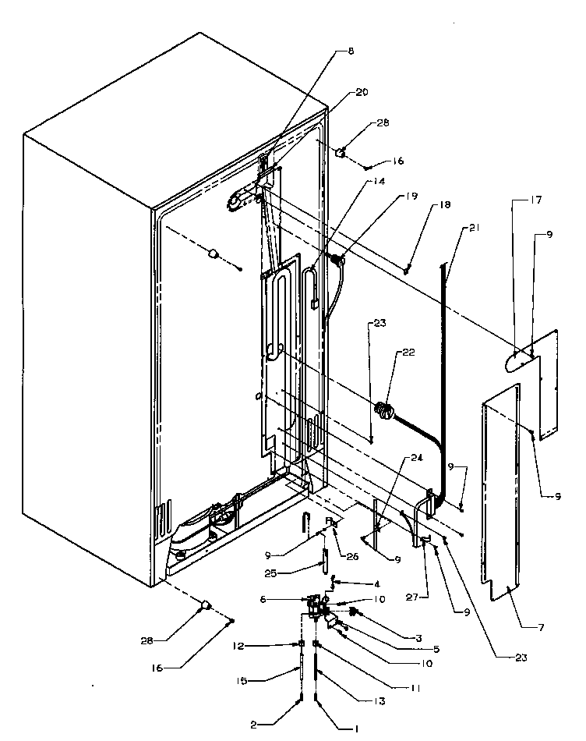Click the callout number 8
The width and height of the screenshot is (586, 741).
tap(351, 51)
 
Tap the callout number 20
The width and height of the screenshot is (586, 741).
tap(362, 92)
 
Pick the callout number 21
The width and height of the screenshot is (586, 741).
tap(474, 229)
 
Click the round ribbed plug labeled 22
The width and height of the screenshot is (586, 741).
tap(383, 409)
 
